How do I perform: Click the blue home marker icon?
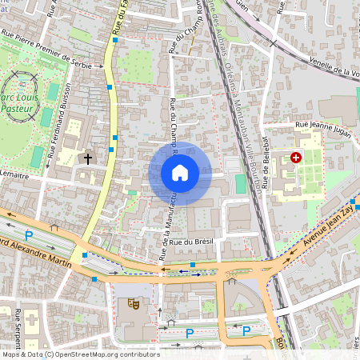point(180,173)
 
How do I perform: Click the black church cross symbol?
point(87,158)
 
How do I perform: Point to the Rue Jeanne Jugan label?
point(323,126)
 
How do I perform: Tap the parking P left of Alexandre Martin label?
point(29,236)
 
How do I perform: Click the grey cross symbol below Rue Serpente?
point(33,321)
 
